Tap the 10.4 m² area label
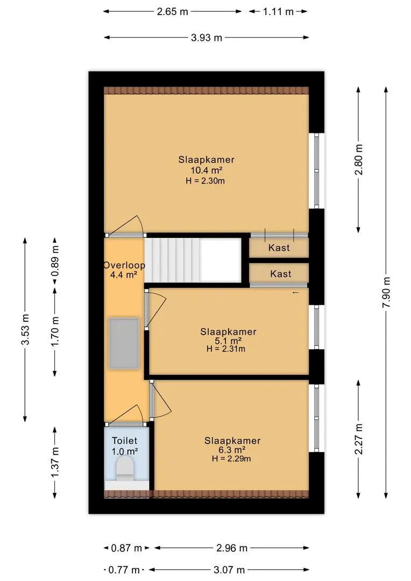point(207,170)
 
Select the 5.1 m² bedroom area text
point(228,341)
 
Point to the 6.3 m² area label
point(232,450)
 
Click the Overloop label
point(124,265)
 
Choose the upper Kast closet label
point(279,248)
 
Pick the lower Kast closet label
point(280,274)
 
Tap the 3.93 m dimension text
point(207,38)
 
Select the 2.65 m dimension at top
point(173,11)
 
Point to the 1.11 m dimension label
point(278,11)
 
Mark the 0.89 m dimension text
point(55,264)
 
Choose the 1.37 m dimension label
point(55,462)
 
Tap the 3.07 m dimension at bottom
point(229,570)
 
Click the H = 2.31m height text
point(226,349)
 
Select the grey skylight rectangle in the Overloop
point(124,343)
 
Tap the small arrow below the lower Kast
point(295,293)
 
